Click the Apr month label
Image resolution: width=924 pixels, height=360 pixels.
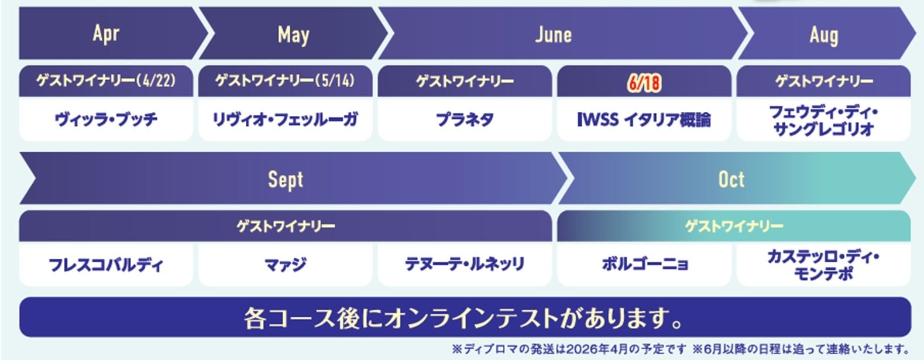point(106,34)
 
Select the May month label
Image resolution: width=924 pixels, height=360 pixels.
point(293,35)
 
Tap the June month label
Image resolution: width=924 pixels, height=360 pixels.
point(554,35)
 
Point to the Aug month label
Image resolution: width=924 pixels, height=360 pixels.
point(824,36)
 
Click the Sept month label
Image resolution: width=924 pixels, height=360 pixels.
point(286,180)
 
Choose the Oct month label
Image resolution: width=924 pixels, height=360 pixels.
point(731,180)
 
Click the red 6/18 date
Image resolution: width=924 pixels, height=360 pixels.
point(644,83)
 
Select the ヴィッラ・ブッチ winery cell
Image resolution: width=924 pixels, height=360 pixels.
point(106,119)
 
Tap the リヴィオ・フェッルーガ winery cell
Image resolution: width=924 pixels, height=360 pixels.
point(285,119)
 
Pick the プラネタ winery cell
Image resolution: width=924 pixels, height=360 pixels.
point(465,119)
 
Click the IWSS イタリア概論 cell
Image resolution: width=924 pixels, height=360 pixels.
point(644,119)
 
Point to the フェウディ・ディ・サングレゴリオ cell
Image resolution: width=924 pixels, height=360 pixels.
point(823,119)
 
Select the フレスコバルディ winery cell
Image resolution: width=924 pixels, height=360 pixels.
point(106,264)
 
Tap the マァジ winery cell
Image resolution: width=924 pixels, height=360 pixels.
point(285,264)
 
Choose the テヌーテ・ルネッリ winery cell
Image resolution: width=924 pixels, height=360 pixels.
point(465,264)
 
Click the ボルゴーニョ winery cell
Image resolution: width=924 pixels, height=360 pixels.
point(644,264)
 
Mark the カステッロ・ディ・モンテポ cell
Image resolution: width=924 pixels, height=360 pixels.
point(823,264)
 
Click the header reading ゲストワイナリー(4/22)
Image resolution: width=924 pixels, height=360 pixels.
point(106,81)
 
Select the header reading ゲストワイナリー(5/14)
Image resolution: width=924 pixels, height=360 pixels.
point(285,81)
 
